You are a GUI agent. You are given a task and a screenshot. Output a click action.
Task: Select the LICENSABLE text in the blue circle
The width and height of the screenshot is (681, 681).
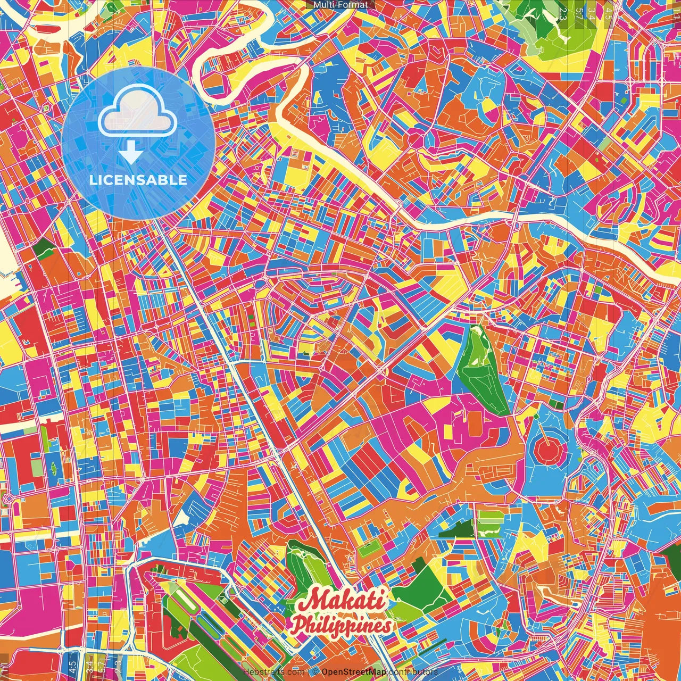(x=138, y=180)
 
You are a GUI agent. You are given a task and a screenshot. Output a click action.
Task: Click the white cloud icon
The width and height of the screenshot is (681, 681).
(x=138, y=112)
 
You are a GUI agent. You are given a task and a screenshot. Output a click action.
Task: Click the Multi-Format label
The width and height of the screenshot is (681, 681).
(x=340, y=5)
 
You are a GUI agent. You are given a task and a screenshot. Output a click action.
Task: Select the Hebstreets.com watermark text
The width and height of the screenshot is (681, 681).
(x=273, y=672)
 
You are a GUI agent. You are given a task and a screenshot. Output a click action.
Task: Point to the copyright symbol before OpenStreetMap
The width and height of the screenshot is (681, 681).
(x=315, y=672)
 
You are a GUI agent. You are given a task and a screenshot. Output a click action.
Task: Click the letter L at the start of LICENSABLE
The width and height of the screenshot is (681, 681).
(x=93, y=180)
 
